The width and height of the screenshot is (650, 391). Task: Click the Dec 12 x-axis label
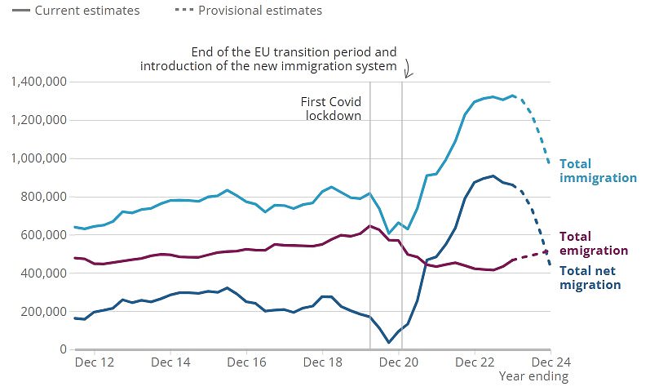pos(95,361)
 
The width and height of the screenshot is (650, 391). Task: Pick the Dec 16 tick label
pos(248,361)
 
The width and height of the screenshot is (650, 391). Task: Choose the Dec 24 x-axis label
pos(551,361)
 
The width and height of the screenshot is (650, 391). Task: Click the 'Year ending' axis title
pos(533,376)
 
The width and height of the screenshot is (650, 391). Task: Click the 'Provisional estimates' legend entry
pos(260,11)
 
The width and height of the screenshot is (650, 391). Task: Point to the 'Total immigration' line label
pos(597,171)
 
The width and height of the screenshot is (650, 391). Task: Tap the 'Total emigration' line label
pos(593,243)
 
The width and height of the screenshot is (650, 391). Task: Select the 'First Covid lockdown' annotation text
pos(333,109)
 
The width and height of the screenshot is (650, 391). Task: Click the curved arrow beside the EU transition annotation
pos(408,70)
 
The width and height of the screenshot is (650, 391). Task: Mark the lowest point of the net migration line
pos(388,342)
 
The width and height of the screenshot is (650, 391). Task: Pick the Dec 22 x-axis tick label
pos(476,361)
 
